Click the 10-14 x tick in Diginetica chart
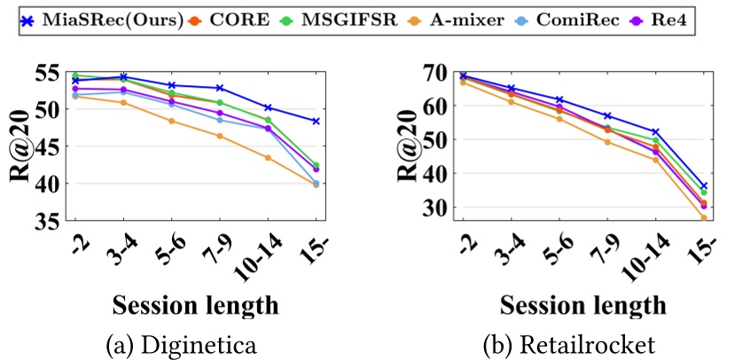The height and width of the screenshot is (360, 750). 263,257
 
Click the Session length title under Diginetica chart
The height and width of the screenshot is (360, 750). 196,305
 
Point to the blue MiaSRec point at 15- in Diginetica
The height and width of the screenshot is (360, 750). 316,121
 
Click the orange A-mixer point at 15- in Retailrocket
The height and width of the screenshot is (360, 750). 704,217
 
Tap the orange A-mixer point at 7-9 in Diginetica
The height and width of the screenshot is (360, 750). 219,136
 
